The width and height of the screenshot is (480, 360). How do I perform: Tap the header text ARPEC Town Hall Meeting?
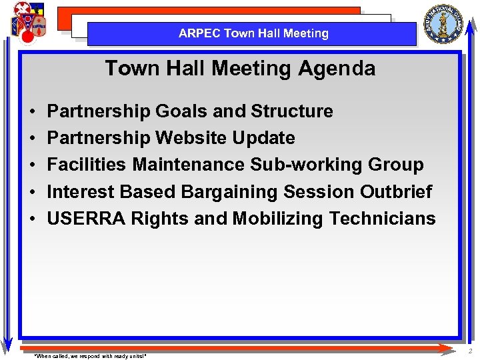pyautogui.click(x=253, y=33)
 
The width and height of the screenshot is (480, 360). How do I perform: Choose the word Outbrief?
pyautogui.click(x=396, y=192)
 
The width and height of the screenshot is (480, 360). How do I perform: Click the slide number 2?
pyautogui.click(x=469, y=351)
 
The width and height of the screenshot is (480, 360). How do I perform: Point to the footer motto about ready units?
pyautogui.click(x=90, y=356)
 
